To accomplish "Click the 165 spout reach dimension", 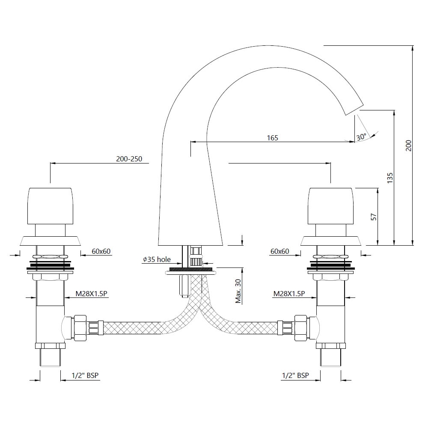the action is tap(272, 138).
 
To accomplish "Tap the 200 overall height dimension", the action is tap(408, 146).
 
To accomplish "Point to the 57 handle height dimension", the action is tap(374, 217).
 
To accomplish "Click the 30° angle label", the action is tap(361, 137).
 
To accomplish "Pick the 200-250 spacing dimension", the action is tap(129, 159).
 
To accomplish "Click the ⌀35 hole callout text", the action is tap(157, 259).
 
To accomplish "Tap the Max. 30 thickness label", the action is tap(238, 291).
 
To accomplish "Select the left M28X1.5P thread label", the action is tap(92, 294).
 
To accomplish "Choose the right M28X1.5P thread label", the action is tap(289, 294).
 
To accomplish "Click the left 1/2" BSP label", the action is tap(85, 376).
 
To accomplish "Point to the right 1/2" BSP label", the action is tap(295, 376).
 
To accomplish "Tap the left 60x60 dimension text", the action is tap(101, 251).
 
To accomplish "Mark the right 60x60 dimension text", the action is tap(280, 251).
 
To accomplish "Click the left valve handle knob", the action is tap(51, 206).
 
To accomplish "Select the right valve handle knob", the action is tap(330, 206).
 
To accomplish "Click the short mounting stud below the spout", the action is tap(183, 286).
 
